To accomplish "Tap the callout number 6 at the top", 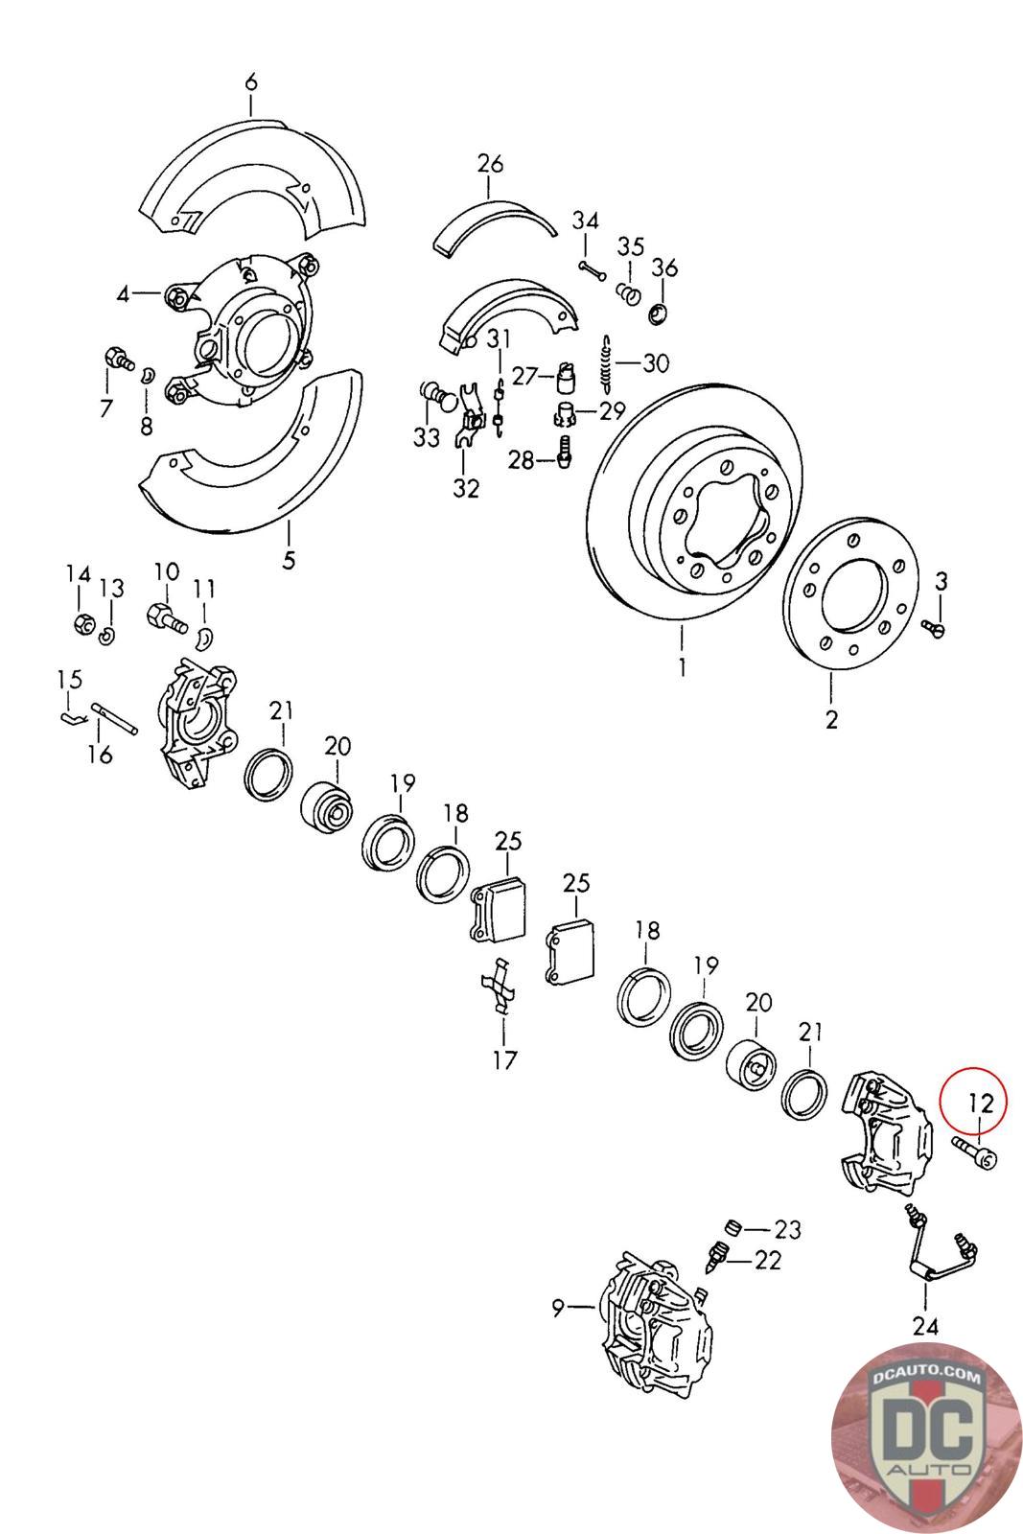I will pos(251,83).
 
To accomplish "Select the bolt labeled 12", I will pos(974,1151).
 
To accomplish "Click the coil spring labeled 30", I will pos(606,363).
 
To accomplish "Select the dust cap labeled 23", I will pos(733,1228).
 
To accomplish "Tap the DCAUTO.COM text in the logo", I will pos(926,1377).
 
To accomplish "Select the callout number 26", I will pos(490,164).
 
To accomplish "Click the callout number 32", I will pos(466,489).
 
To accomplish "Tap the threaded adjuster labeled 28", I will pos(564,449).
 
